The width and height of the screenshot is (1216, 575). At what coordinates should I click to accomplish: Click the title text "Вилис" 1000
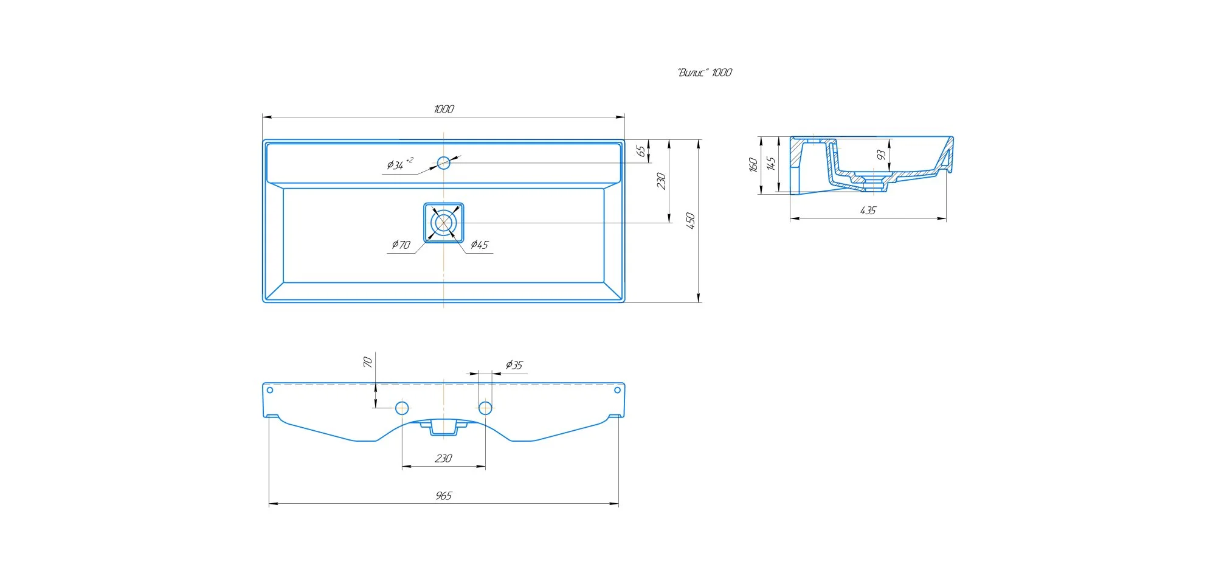click(705, 72)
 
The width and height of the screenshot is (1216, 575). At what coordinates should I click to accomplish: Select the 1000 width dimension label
click(444, 109)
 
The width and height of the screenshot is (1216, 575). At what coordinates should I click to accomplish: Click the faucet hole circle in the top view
click(444, 162)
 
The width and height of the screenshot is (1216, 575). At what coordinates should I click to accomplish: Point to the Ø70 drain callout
click(401, 245)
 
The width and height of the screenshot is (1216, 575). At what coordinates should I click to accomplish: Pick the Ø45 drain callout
click(480, 245)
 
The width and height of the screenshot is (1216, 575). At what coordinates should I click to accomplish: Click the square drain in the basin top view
click(444, 223)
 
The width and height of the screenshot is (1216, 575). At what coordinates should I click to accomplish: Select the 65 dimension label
click(641, 151)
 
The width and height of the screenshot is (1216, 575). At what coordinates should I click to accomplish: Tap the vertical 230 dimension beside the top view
click(661, 181)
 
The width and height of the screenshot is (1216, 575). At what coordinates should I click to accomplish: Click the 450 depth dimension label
click(690, 220)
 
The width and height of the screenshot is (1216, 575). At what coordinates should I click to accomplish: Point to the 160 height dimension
click(753, 164)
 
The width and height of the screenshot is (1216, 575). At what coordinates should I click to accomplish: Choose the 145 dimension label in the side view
click(770, 163)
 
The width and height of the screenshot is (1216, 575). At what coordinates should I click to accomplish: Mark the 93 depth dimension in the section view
click(881, 155)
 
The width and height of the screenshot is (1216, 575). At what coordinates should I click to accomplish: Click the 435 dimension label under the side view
click(868, 211)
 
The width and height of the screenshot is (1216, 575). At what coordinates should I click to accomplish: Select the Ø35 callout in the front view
click(514, 365)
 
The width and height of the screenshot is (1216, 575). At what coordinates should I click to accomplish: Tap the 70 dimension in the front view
click(367, 362)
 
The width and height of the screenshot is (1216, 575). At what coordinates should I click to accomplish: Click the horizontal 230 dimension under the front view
click(444, 458)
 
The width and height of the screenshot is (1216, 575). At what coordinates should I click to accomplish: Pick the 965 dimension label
click(444, 496)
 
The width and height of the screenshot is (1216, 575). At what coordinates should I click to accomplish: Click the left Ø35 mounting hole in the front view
click(402, 408)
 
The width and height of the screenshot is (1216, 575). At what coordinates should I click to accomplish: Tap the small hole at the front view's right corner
click(617, 390)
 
